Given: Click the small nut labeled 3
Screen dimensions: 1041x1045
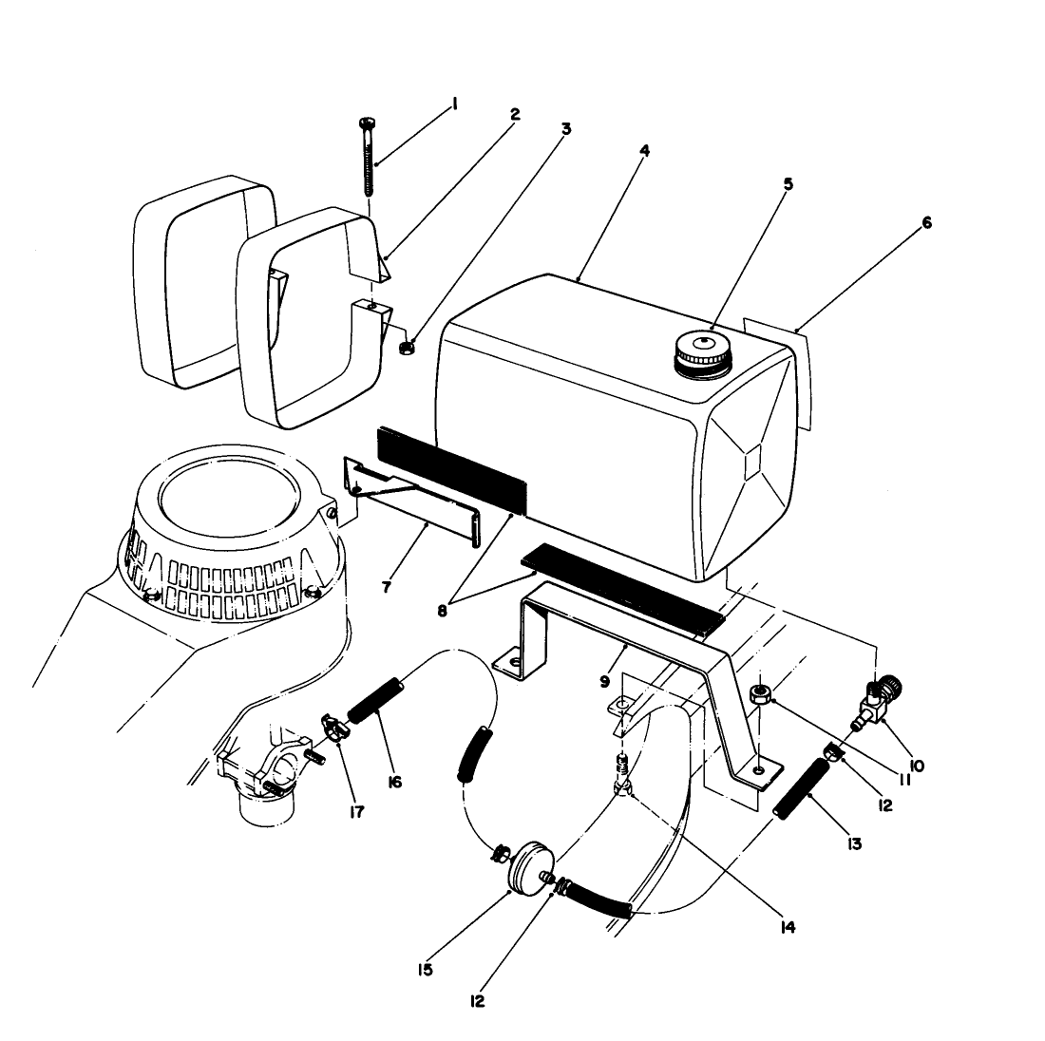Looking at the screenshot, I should (x=405, y=348).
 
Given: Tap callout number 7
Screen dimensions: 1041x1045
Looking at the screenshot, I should (x=387, y=587).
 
